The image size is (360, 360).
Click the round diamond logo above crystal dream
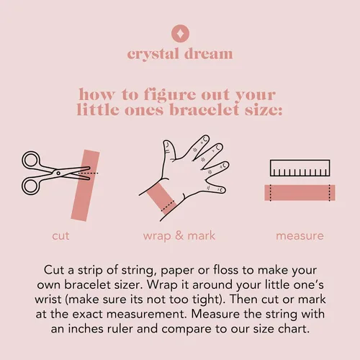tap(180, 34)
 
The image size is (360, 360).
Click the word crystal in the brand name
tap(153, 54)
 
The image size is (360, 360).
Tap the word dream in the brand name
tap(208, 53)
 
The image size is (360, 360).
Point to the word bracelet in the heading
tap(204, 109)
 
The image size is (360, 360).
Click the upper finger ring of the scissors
tap(30, 160)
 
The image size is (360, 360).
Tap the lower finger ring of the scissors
tap(30, 186)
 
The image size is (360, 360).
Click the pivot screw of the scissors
tap(58, 173)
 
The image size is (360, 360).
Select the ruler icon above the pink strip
tap(300, 168)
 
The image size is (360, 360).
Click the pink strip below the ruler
tap(300, 193)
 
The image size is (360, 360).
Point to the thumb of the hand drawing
tap(168, 150)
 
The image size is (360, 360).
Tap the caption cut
tap(60, 235)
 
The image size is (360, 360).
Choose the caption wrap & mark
tap(179, 235)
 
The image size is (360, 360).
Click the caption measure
tap(300, 236)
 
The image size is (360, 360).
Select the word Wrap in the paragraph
tap(162, 285)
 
